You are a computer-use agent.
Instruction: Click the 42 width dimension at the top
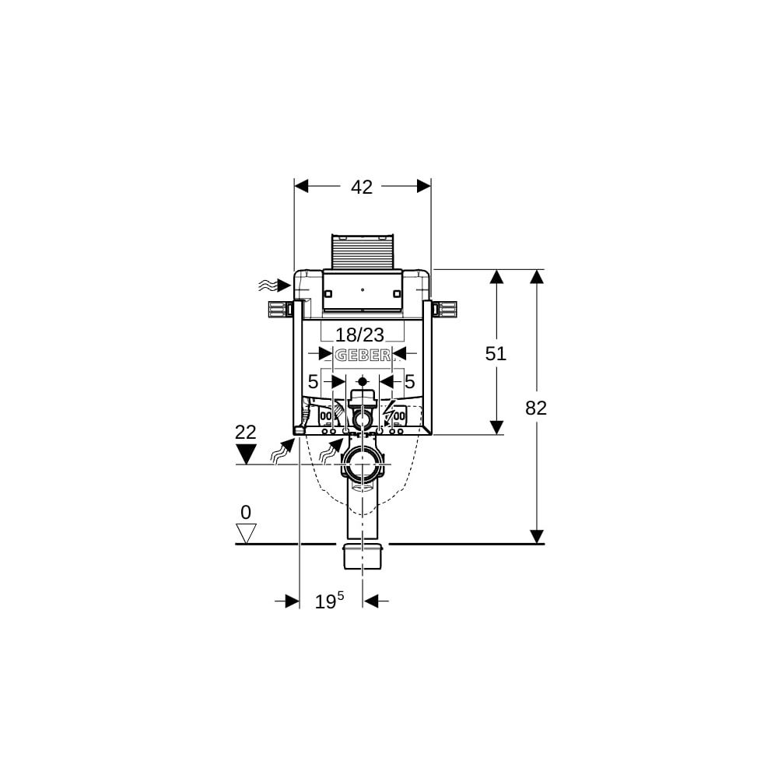tap(362, 187)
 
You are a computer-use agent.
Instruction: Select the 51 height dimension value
tap(496, 353)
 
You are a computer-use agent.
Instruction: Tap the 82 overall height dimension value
tap(536, 408)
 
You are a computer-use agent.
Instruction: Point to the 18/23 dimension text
tap(359, 335)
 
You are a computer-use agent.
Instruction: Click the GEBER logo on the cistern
tap(363, 356)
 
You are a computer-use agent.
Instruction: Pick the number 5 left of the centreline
tap(313, 382)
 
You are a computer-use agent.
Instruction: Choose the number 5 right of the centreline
tap(409, 382)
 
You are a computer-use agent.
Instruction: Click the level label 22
tap(245, 433)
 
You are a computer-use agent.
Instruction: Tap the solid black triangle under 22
tap(246, 454)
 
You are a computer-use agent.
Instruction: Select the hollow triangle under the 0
tap(247, 533)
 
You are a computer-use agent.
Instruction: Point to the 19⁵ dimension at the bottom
tap(329, 601)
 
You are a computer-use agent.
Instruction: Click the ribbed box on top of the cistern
tap(363, 251)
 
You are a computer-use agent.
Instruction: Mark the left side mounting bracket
tap(278, 309)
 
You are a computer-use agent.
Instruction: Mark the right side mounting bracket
tap(447, 309)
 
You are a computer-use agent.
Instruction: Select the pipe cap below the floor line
tap(363, 557)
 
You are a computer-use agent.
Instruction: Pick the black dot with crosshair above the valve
tap(363, 383)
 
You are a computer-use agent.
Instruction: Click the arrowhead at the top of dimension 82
tap(536, 277)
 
